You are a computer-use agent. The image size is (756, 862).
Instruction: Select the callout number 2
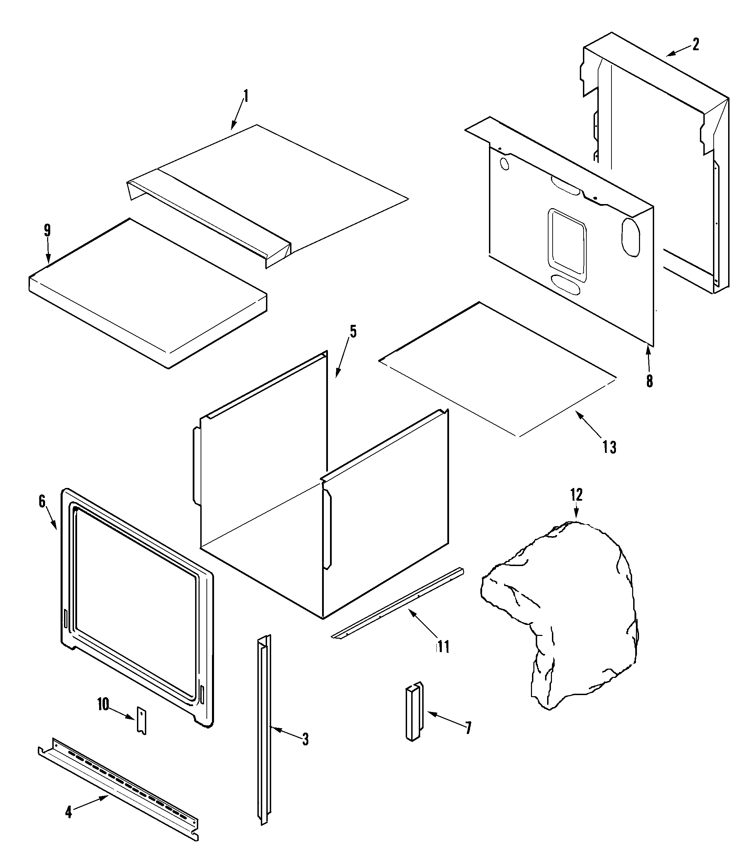pyautogui.click(x=695, y=44)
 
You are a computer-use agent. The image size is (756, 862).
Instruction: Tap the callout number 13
pyautogui.click(x=609, y=447)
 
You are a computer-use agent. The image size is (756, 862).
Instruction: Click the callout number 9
pyautogui.click(x=47, y=231)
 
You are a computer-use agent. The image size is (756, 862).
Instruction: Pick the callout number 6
pyautogui.click(x=42, y=502)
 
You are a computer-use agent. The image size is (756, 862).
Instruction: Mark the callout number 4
pyautogui.click(x=68, y=812)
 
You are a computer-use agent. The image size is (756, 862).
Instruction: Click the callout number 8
pyautogui.click(x=649, y=381)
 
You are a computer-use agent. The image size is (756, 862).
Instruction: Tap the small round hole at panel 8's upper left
pyautogui.click(x=504, y=164)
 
